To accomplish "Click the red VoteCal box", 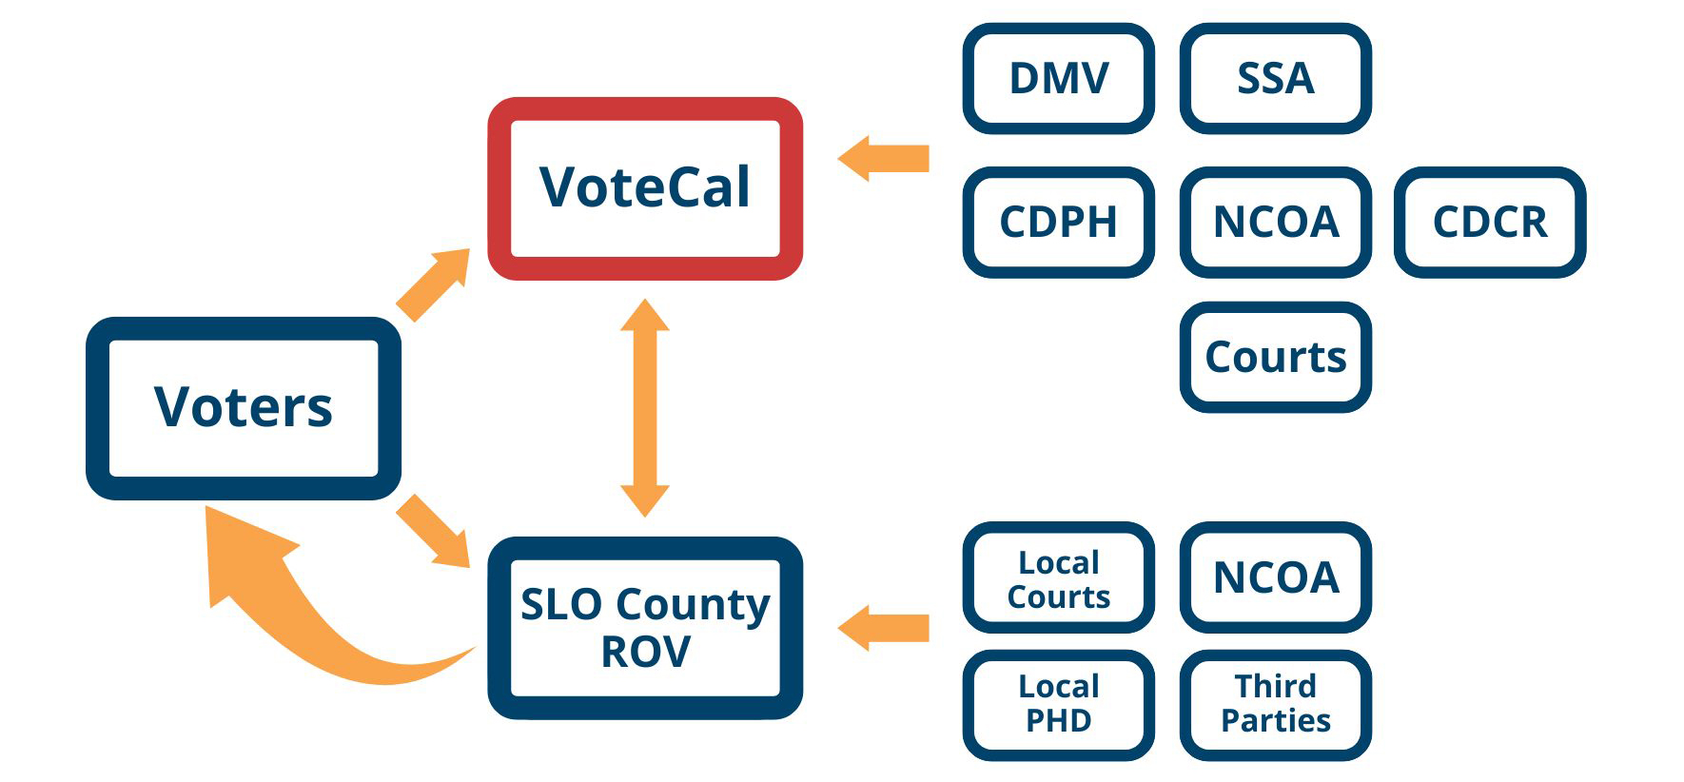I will click(x=645, y=188).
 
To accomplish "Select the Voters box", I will click(x=244, y=408).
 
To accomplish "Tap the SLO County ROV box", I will click(x=645, y=628).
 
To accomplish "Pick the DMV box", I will click(x=1059, y=79).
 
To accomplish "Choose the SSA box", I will click(x=1275, y=79).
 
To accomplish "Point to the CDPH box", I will click(x=1059, y=223).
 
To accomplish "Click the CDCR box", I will click(x=1490, y=223).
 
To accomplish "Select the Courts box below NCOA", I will click(x=1275, y=358).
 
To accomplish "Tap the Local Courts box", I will click(x=1059, y=577).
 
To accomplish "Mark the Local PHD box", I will click(x=1059, y=705).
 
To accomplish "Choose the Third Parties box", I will click(x=1275, y=705).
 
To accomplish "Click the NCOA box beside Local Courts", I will click(x=1275, y=577).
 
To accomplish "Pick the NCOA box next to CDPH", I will click(x=1275, y=223).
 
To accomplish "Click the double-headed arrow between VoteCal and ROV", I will click(x=645, y=408).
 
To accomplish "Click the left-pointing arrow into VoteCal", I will click(x=885, y=158).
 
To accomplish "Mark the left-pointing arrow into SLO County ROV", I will click(x=885, y=628).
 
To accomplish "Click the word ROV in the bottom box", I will click(x=646, y=653).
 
